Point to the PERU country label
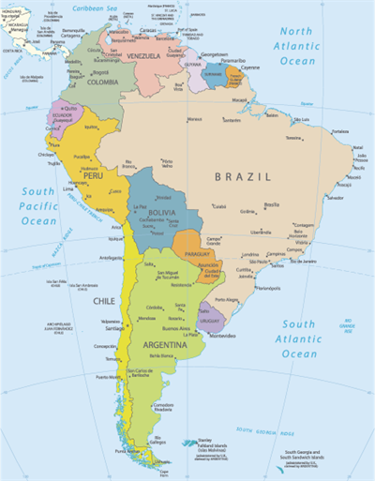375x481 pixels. coord(92,174)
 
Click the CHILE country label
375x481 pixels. coord(103,301)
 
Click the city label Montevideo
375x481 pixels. coord(222,335)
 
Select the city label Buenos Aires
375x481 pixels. coord(177,329)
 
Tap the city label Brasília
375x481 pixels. coord(271,204)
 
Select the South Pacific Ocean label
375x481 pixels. coord(39,206)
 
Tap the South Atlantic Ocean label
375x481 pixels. coord(298,339)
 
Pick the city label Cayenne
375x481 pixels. coord(250,68)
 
